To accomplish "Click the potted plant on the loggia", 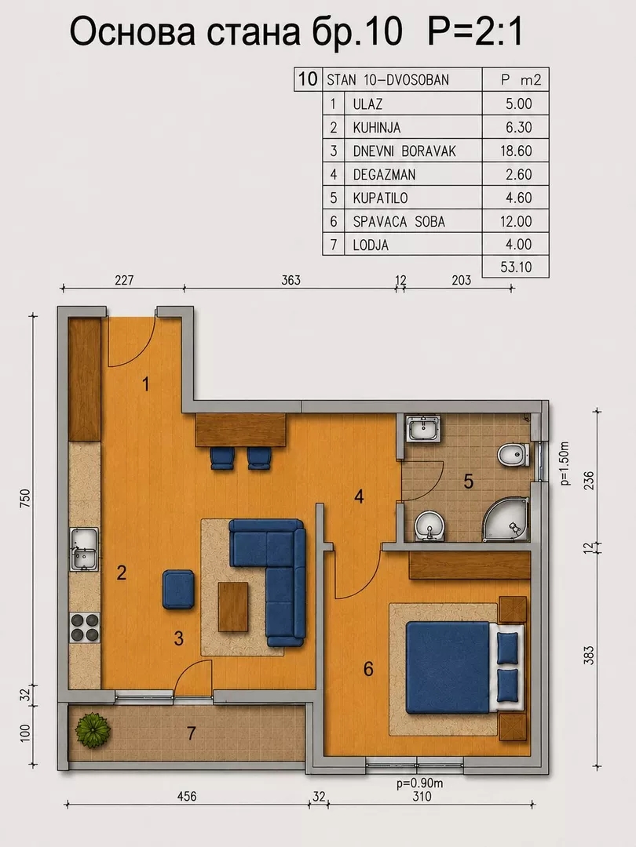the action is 93,730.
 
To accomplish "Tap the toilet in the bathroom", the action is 512,456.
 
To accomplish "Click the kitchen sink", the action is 84,549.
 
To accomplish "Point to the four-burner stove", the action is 85,627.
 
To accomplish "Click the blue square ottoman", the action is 178,590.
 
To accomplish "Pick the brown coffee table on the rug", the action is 233,606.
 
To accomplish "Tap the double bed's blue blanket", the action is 448,667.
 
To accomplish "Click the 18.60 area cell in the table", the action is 516,151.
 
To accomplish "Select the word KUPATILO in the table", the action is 380,198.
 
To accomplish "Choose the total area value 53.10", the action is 516,267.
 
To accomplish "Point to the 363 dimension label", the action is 291,280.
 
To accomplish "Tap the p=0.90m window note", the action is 419,783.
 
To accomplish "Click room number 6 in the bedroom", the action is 368,669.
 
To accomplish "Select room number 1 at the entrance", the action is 145,384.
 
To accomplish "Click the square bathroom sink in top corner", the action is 425,430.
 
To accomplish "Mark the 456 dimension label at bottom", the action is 187,796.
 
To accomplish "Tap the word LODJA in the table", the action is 371,245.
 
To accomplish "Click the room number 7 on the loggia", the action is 191,733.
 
